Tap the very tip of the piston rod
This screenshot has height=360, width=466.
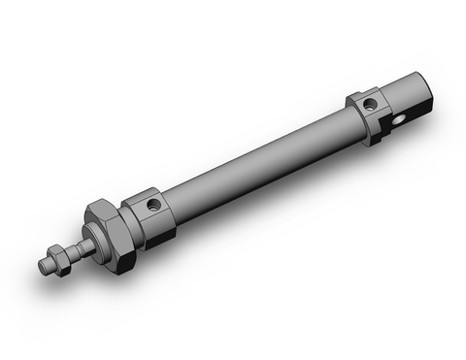[44, 265]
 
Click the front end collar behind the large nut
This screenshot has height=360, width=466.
[150, 212]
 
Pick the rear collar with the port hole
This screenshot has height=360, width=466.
[367, 111]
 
